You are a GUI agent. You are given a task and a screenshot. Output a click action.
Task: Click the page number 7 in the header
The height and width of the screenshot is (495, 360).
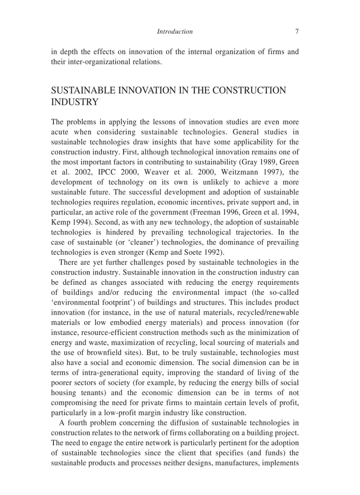pyautogui.click(x=297, y=32)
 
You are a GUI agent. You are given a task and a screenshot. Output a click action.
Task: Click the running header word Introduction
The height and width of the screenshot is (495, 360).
pyautogui.click(x=175, y=32)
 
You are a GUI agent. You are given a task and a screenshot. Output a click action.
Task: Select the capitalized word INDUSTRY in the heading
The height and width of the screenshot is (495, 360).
pyautogui.click(x=74, y=102)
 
